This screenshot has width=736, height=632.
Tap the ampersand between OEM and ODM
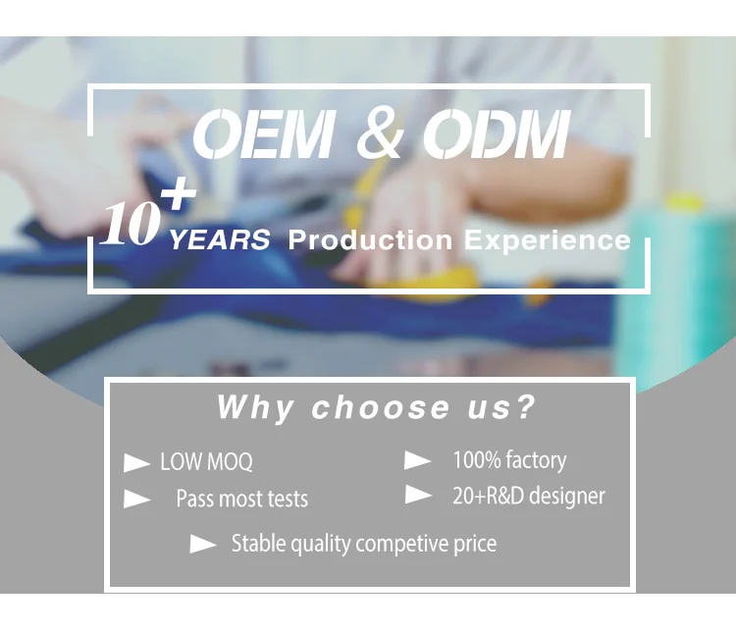[x=380, y=135]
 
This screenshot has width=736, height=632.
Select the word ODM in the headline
[x=497, y=134]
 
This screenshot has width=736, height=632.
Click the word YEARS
[x=219, y=239]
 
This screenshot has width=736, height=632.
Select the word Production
[x=370, y=239]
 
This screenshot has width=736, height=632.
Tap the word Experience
[x=547, y=240]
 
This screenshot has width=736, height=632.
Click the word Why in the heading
[x=255, y=407]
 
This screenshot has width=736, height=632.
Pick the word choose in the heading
[x=381, y=406]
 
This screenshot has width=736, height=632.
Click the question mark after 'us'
[x=524, y=406]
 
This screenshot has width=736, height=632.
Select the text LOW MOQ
[x=206, y=461]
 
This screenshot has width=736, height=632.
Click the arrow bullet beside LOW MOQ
[x=136, y=463]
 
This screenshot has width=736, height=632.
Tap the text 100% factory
[x=509, y=460]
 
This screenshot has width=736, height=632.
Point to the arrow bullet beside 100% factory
[x=418, y=460]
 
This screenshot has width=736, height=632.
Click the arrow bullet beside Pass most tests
[x=137, y=499]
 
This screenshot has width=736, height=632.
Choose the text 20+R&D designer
[x=529, y=497]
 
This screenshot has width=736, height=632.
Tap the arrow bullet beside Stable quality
[x=203, y=545]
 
